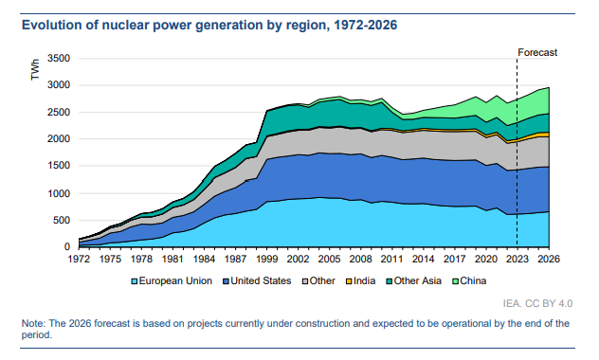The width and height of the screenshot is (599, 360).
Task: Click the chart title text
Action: click(209, 26)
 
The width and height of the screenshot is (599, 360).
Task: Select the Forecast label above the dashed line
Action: click(537, 52)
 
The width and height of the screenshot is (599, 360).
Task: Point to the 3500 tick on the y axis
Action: click(59, 59)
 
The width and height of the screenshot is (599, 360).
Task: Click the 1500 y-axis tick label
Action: click(59, 166)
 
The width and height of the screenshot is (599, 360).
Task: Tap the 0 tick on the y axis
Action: click(67, 247)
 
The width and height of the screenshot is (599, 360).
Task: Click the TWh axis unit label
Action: click(35, 69)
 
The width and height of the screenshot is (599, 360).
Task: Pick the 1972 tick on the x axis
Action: click(79, 259)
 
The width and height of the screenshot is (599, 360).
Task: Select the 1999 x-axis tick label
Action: click(266, 259)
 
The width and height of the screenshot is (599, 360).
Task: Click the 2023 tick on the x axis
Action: click(517, 259)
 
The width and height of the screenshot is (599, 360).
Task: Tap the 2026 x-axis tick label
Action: click(549, 259)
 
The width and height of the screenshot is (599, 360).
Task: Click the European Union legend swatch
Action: click(134, 281)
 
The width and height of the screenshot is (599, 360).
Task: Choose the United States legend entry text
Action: click(261, 281)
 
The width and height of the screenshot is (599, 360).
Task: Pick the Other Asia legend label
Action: click(418, 281)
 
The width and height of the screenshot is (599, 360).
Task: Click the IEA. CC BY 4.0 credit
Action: click(538, 303)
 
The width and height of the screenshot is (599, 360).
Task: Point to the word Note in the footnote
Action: click(33, 323)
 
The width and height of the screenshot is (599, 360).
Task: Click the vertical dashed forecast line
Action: click(517, 152)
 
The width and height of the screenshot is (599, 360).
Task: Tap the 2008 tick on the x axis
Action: click(360, 259)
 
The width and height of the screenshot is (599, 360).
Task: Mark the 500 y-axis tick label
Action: click(62, 221)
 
